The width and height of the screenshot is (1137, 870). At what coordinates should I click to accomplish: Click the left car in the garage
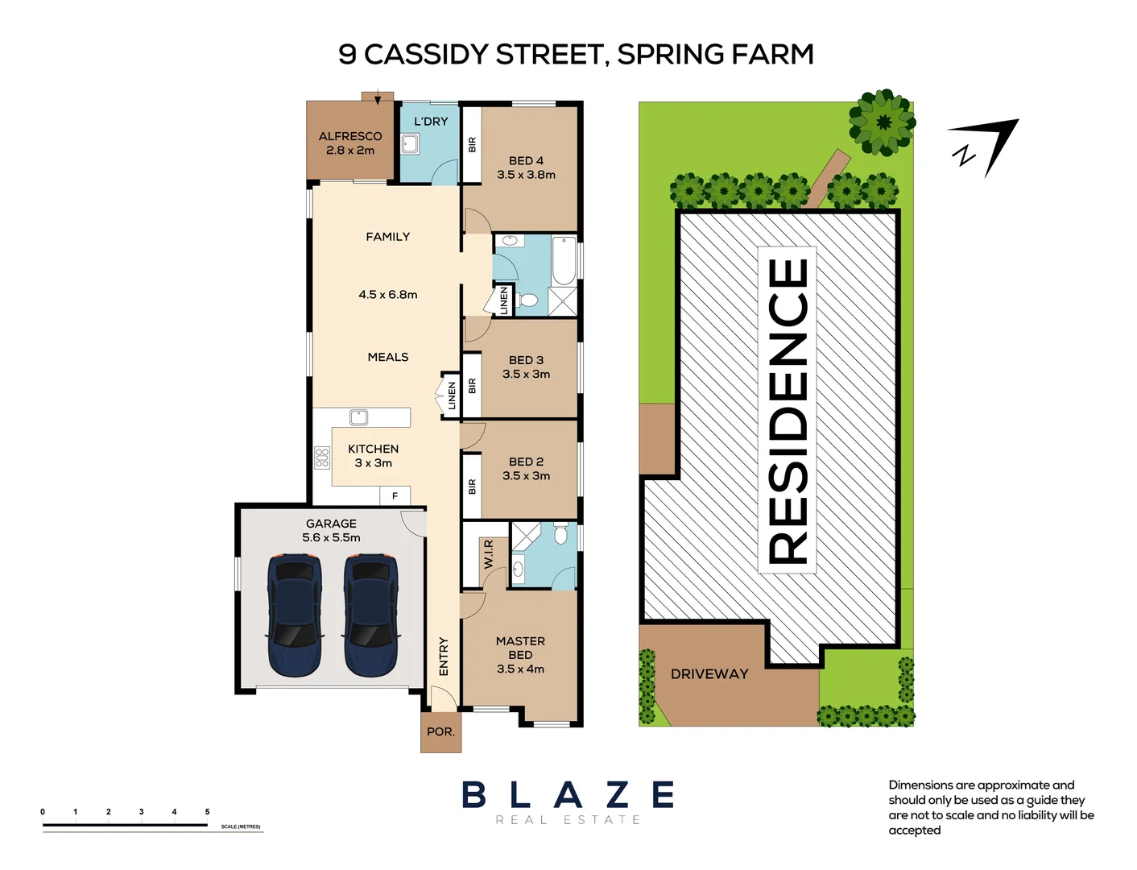pyautogui.click(x=295, y=615)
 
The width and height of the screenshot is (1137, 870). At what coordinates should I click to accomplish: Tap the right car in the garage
pyautogui.click(x=371, y=615)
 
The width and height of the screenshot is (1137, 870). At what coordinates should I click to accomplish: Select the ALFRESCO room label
pyautogui.click(x=350, y=136)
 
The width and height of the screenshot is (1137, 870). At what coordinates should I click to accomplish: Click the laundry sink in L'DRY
pyautogui.click(x=410, y=143)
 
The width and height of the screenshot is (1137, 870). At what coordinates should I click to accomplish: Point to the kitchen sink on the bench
pyautogui.click(x=358, y=417)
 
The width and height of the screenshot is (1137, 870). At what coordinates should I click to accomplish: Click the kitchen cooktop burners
pyautogui.click(x=322, y=458)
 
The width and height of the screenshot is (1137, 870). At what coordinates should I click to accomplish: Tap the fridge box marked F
pyautogui.click(x=395, y=496)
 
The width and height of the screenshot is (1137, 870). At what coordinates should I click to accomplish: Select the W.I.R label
pyautogui.click(x=489, y=554)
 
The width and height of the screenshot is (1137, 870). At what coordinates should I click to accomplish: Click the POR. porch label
pyautogui.click(x=440, y=731)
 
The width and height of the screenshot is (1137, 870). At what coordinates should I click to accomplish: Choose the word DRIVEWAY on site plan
pyautogui.click(x=709, y=674)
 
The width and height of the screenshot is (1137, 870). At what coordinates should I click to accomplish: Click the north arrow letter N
pyautogui.click(x=964, y=155)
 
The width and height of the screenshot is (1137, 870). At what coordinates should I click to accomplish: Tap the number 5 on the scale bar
pyautogui.click(x=207, y=811)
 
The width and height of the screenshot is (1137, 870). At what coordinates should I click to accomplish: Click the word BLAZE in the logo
pyautogui.click(x=568, y=795)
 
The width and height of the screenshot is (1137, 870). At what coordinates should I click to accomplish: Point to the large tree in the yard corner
pyautogui.click(x=883, y=122)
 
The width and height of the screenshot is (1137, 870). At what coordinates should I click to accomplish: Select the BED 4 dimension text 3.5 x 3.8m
pyautogui.click(x=527, y=175)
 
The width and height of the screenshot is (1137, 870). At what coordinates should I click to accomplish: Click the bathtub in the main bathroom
pyautogui.click(x=564, y=261)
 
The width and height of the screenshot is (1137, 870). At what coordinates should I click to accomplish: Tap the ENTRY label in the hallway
pyautogui.click(x=444, y=657)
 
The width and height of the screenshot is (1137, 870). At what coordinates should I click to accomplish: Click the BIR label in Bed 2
pyautogui.click(x=472, y=487)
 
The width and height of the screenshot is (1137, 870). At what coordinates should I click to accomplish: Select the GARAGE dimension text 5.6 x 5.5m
pyautogui.click(x=331, y=538)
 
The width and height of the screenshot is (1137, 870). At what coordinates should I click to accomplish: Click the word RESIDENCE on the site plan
pyautogui.click(x=788, y=411)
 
